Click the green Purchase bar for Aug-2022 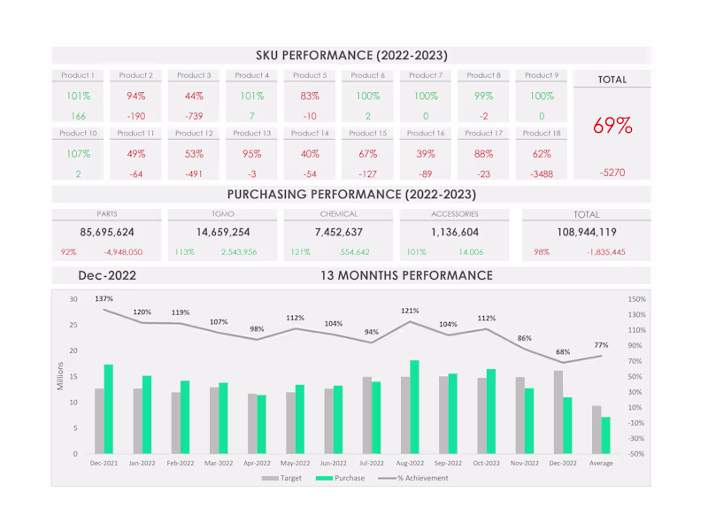(x=414, y=407)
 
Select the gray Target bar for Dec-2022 (x=558, y=412)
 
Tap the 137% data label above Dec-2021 (x=104, y=298)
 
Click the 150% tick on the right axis (x=637, y=299)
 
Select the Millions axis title (x=61, y=376)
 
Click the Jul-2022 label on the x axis (x=372, y=463)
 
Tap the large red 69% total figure (x=612, y=127)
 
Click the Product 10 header (x=78, y=134)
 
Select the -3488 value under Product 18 (x=541, y=174)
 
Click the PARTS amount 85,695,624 (x=107, y=233)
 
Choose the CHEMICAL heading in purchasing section (x=339, y=214)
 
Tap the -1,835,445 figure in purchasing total (x=606, y=252)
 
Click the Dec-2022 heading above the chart (x=107, y=275)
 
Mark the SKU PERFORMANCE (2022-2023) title (x=351, y=55)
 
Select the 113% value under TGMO (x=184, y=252)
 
